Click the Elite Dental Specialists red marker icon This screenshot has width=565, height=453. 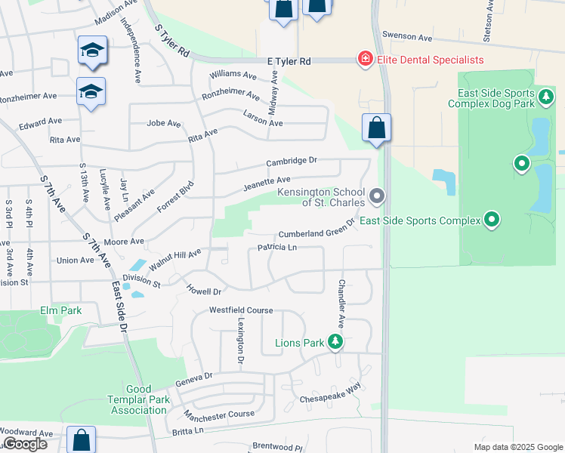365,59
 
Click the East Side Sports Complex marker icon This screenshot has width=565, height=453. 492,220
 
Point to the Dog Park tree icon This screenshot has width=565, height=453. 545,98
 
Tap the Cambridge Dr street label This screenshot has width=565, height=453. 292,161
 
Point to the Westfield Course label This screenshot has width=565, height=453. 241,310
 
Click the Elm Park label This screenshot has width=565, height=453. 60,310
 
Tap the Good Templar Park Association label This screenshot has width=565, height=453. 138,399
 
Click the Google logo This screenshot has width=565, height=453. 24,444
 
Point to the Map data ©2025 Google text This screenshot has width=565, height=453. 517,447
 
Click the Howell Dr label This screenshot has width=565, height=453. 205,289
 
